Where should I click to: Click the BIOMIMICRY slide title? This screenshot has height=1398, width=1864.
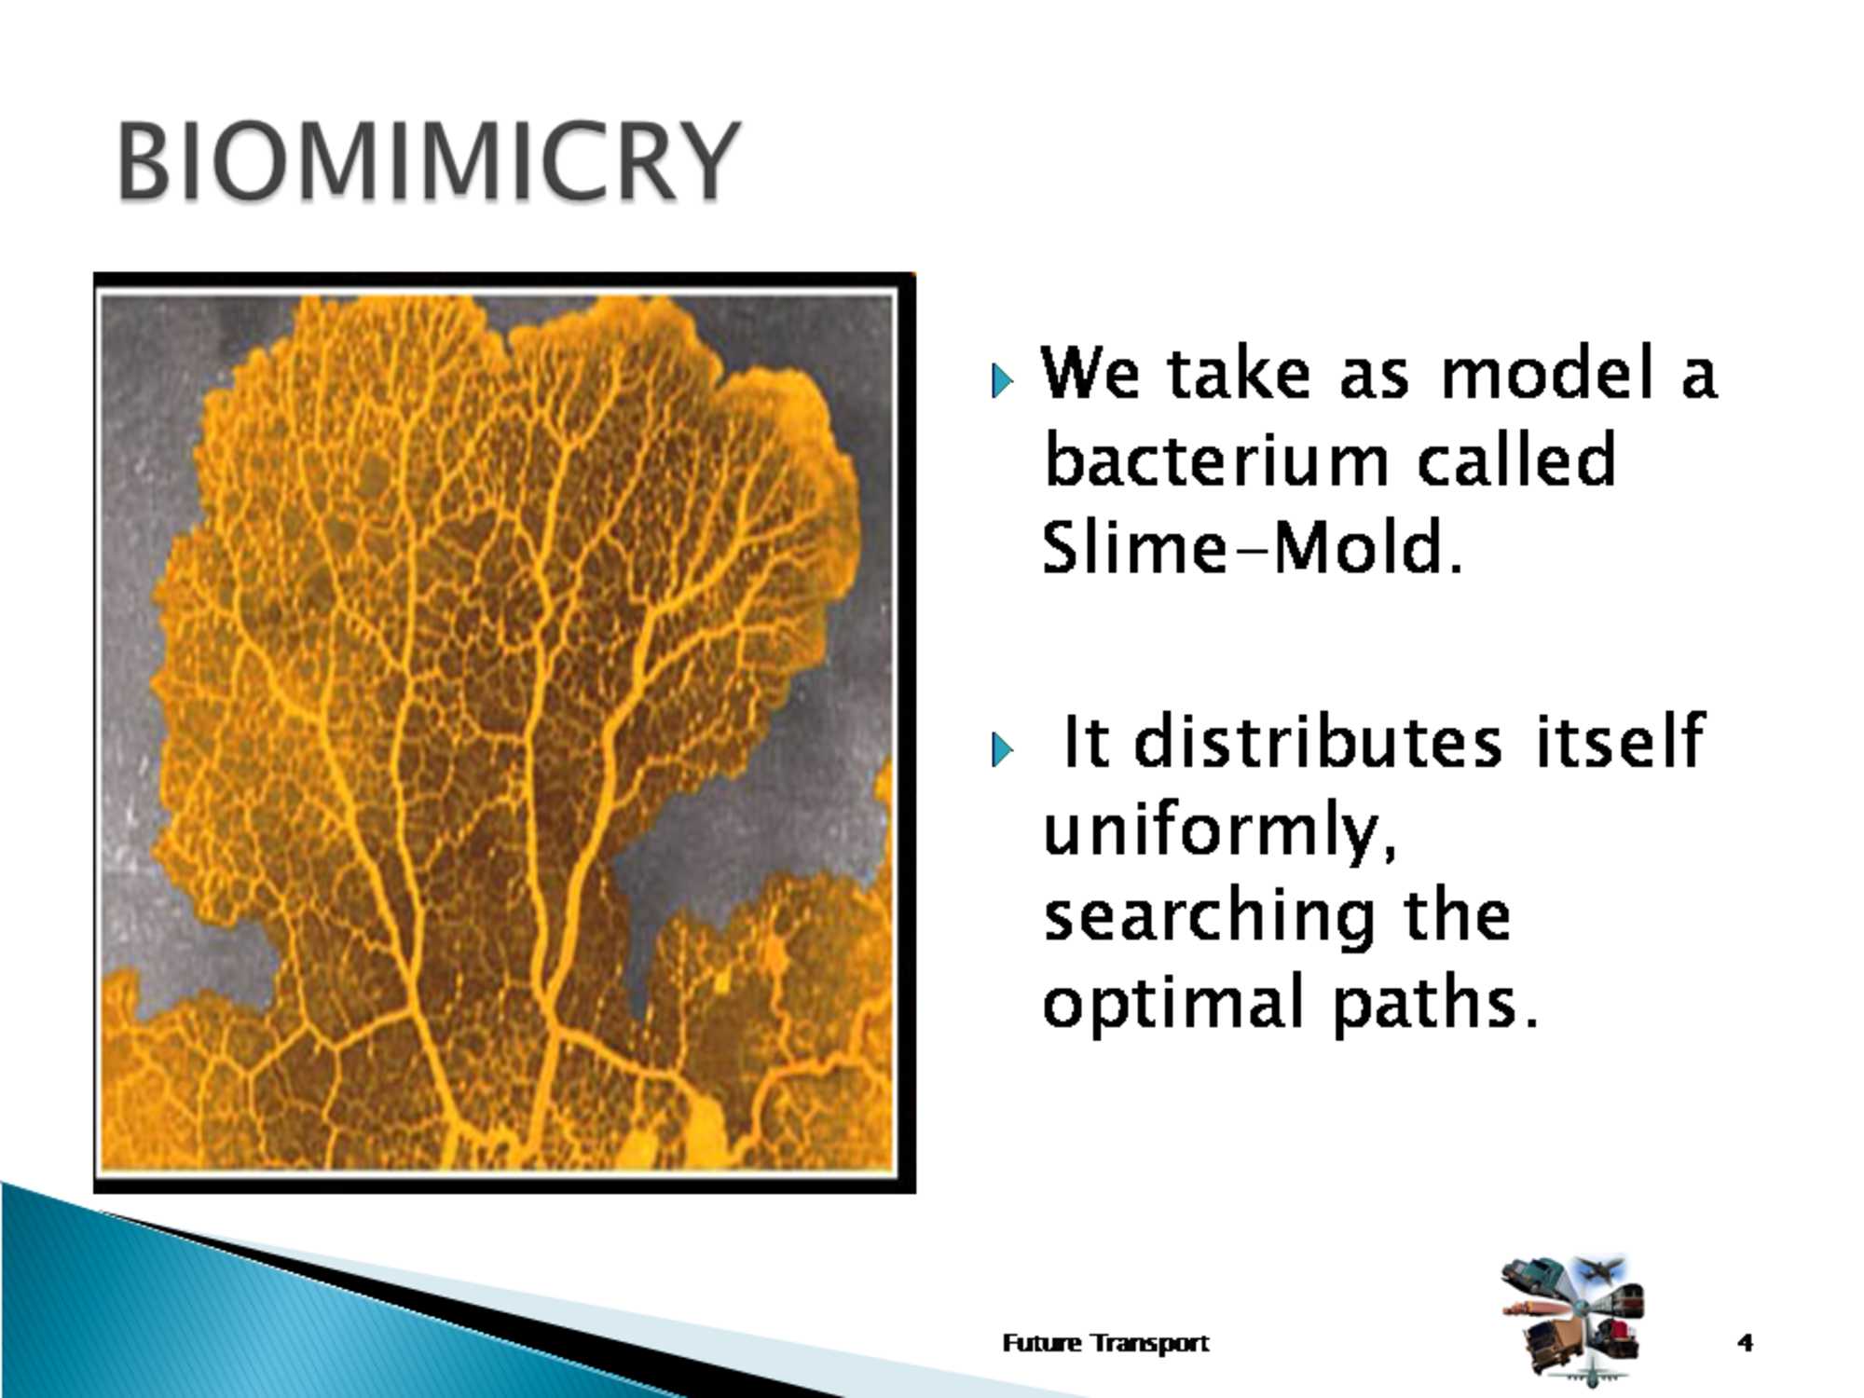(x=428, y=162)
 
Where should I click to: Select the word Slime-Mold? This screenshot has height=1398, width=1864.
(x=1252, y=548)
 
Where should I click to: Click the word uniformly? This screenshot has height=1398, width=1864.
(x=1220, y=831)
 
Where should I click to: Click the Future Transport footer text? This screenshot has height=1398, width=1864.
(x=1105, y=1343)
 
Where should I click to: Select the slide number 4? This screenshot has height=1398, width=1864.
(x=1745, y=1342)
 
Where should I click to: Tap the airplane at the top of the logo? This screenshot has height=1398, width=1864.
(x=1599, y=1268)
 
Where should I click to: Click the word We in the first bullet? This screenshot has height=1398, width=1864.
(x=1090, y=372)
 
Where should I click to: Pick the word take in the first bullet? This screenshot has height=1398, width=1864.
(x=1237, y=372)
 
